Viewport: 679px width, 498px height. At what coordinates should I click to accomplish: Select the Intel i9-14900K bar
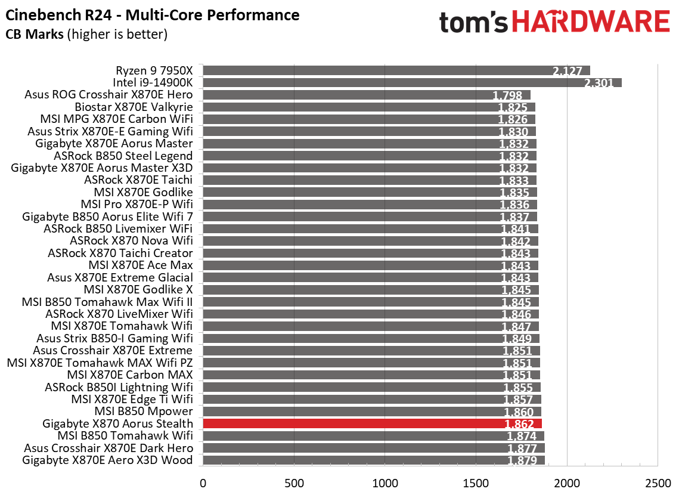(x=411, y=82)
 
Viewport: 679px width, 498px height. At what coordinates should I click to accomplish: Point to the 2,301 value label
(x=599, y=83)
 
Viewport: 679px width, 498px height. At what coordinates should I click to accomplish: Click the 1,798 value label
(x=507, y=95)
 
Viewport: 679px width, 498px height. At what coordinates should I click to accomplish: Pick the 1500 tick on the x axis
(x=475, y=481)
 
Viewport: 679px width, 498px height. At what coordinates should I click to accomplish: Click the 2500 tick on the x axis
(x=657, y=481)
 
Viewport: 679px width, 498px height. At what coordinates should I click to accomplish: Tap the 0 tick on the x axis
(x=203, y=481)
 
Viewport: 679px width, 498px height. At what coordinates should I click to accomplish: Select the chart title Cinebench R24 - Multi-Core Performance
(x=152, y=14)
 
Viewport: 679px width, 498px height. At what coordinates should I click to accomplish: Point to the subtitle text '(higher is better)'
(x=117, y=35)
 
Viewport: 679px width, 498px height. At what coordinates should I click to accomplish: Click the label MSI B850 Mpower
(x=144, y=412)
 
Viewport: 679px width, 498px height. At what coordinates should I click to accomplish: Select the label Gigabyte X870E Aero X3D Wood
(x=107, y=460)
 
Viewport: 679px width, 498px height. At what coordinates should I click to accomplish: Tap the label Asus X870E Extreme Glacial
(x=120, y=277)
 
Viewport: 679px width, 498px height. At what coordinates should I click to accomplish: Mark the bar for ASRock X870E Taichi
(x=370, y=180)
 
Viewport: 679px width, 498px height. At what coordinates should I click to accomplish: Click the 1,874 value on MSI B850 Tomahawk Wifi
(x=522, y=436)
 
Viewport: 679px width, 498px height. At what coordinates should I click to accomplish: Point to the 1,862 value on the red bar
(x=521, y=424)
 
